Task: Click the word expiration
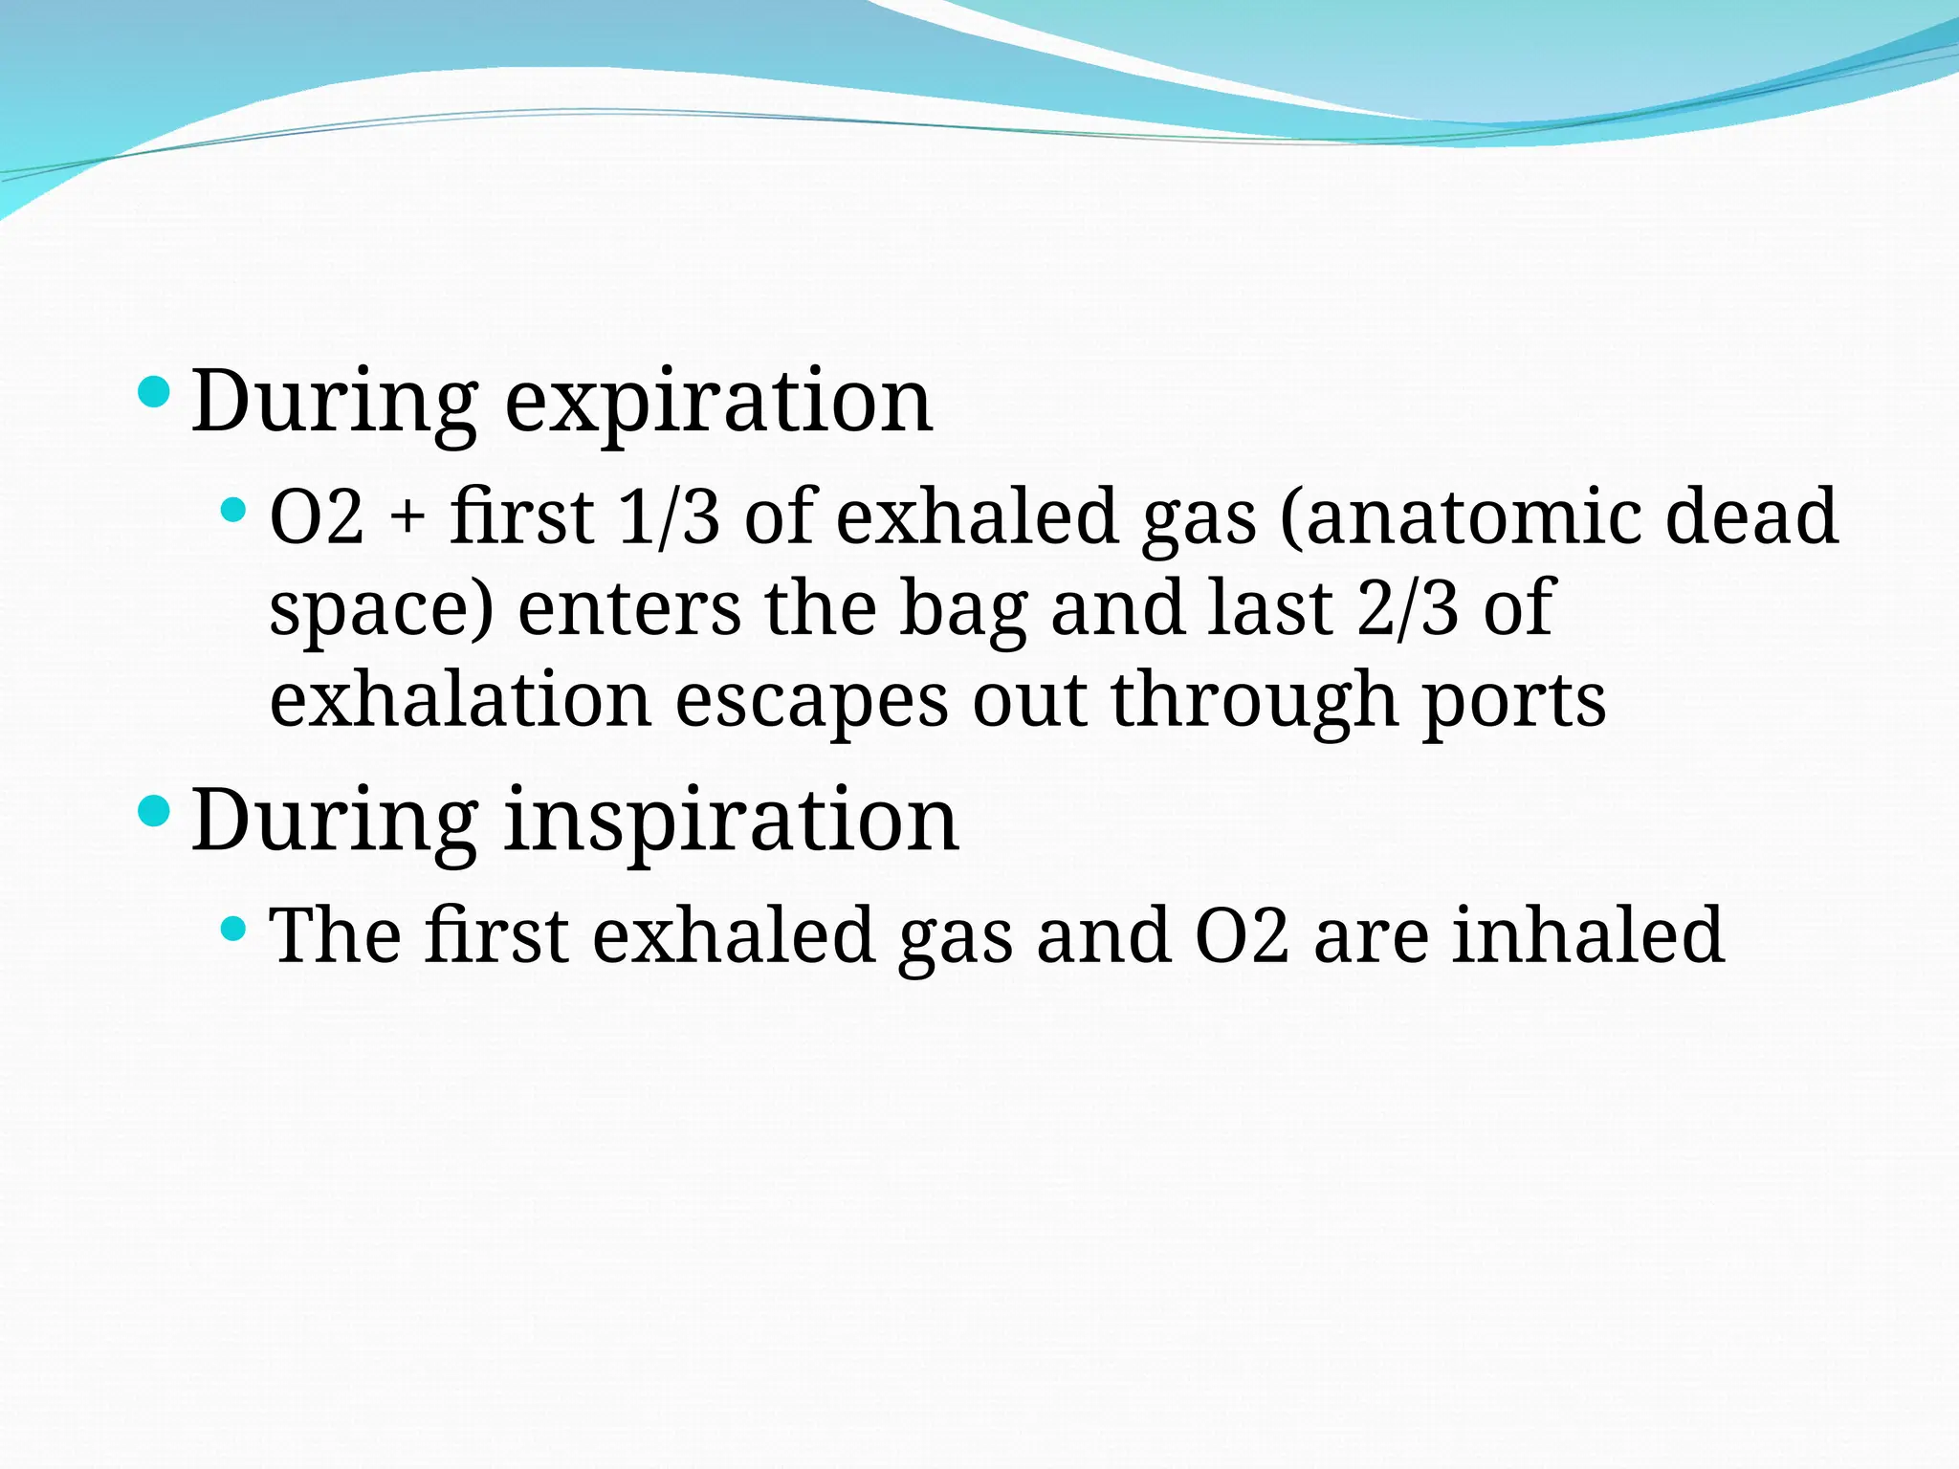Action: [718, 402]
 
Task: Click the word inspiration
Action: [731, 821]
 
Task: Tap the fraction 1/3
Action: [669, 516]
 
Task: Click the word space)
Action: [382, 610]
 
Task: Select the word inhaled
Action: [1589, 935]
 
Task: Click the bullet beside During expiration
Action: [154, 391]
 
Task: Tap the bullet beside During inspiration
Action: [154, 812]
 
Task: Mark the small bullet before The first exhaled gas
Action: [232, 928]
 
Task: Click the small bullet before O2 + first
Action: [232, 509]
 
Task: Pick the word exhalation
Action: [461, 700]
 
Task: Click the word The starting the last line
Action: [335, 935]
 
